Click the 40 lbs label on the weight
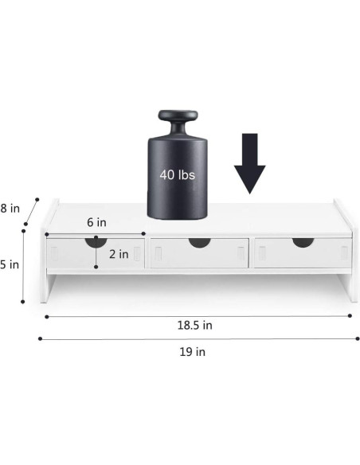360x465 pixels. click(x=177, y=173)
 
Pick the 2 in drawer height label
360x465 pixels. click(x=119, y=254)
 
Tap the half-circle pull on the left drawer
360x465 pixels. click(x=96, y=241)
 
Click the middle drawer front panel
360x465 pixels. click(x=200, y=253)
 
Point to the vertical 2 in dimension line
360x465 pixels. click(x=96, y=255)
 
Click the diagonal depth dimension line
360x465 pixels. click(x=31, y=211)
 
